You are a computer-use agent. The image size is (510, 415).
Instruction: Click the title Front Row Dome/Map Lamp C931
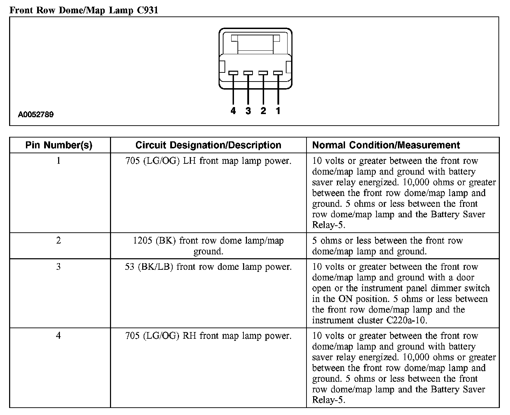click(x=84, y=10)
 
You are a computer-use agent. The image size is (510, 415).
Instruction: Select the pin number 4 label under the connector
click(x=233, y=111)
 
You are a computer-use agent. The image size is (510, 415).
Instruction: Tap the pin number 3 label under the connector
click(x=248, y=111)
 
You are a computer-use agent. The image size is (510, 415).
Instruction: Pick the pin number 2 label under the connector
click(x=263, y=111)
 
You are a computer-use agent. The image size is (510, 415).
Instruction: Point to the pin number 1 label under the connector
click(x=278, y=111)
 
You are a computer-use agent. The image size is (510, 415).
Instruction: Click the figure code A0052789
click(x=36, y=114)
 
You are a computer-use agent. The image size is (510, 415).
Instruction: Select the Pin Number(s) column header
click(x=59, y=145)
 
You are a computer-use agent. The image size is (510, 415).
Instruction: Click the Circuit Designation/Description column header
click(x=208, y=145)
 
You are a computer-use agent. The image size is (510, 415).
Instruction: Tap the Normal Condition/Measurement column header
click(x=386, y=145)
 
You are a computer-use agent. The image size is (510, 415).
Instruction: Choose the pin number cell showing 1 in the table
click(x=58, y=161)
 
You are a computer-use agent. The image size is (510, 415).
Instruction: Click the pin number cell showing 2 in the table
click(x=58, y=240)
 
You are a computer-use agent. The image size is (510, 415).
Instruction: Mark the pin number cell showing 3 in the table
click(x=58, y=267)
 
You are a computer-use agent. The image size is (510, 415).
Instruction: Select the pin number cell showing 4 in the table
click(x=58, y=336)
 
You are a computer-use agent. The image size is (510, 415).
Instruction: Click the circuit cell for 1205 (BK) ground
click(x=208, y=246)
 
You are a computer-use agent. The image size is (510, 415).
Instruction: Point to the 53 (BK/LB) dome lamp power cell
click(x=208, y=267)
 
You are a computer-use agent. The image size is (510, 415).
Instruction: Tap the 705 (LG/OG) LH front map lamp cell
click(x=208, y=161)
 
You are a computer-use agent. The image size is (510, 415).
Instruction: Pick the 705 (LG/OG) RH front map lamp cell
click(x=208, y=336)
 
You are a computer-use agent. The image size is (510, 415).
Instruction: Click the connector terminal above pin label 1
click(x=278, y=73)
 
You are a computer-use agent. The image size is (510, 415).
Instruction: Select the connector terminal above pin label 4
click(x=233, y=73)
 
